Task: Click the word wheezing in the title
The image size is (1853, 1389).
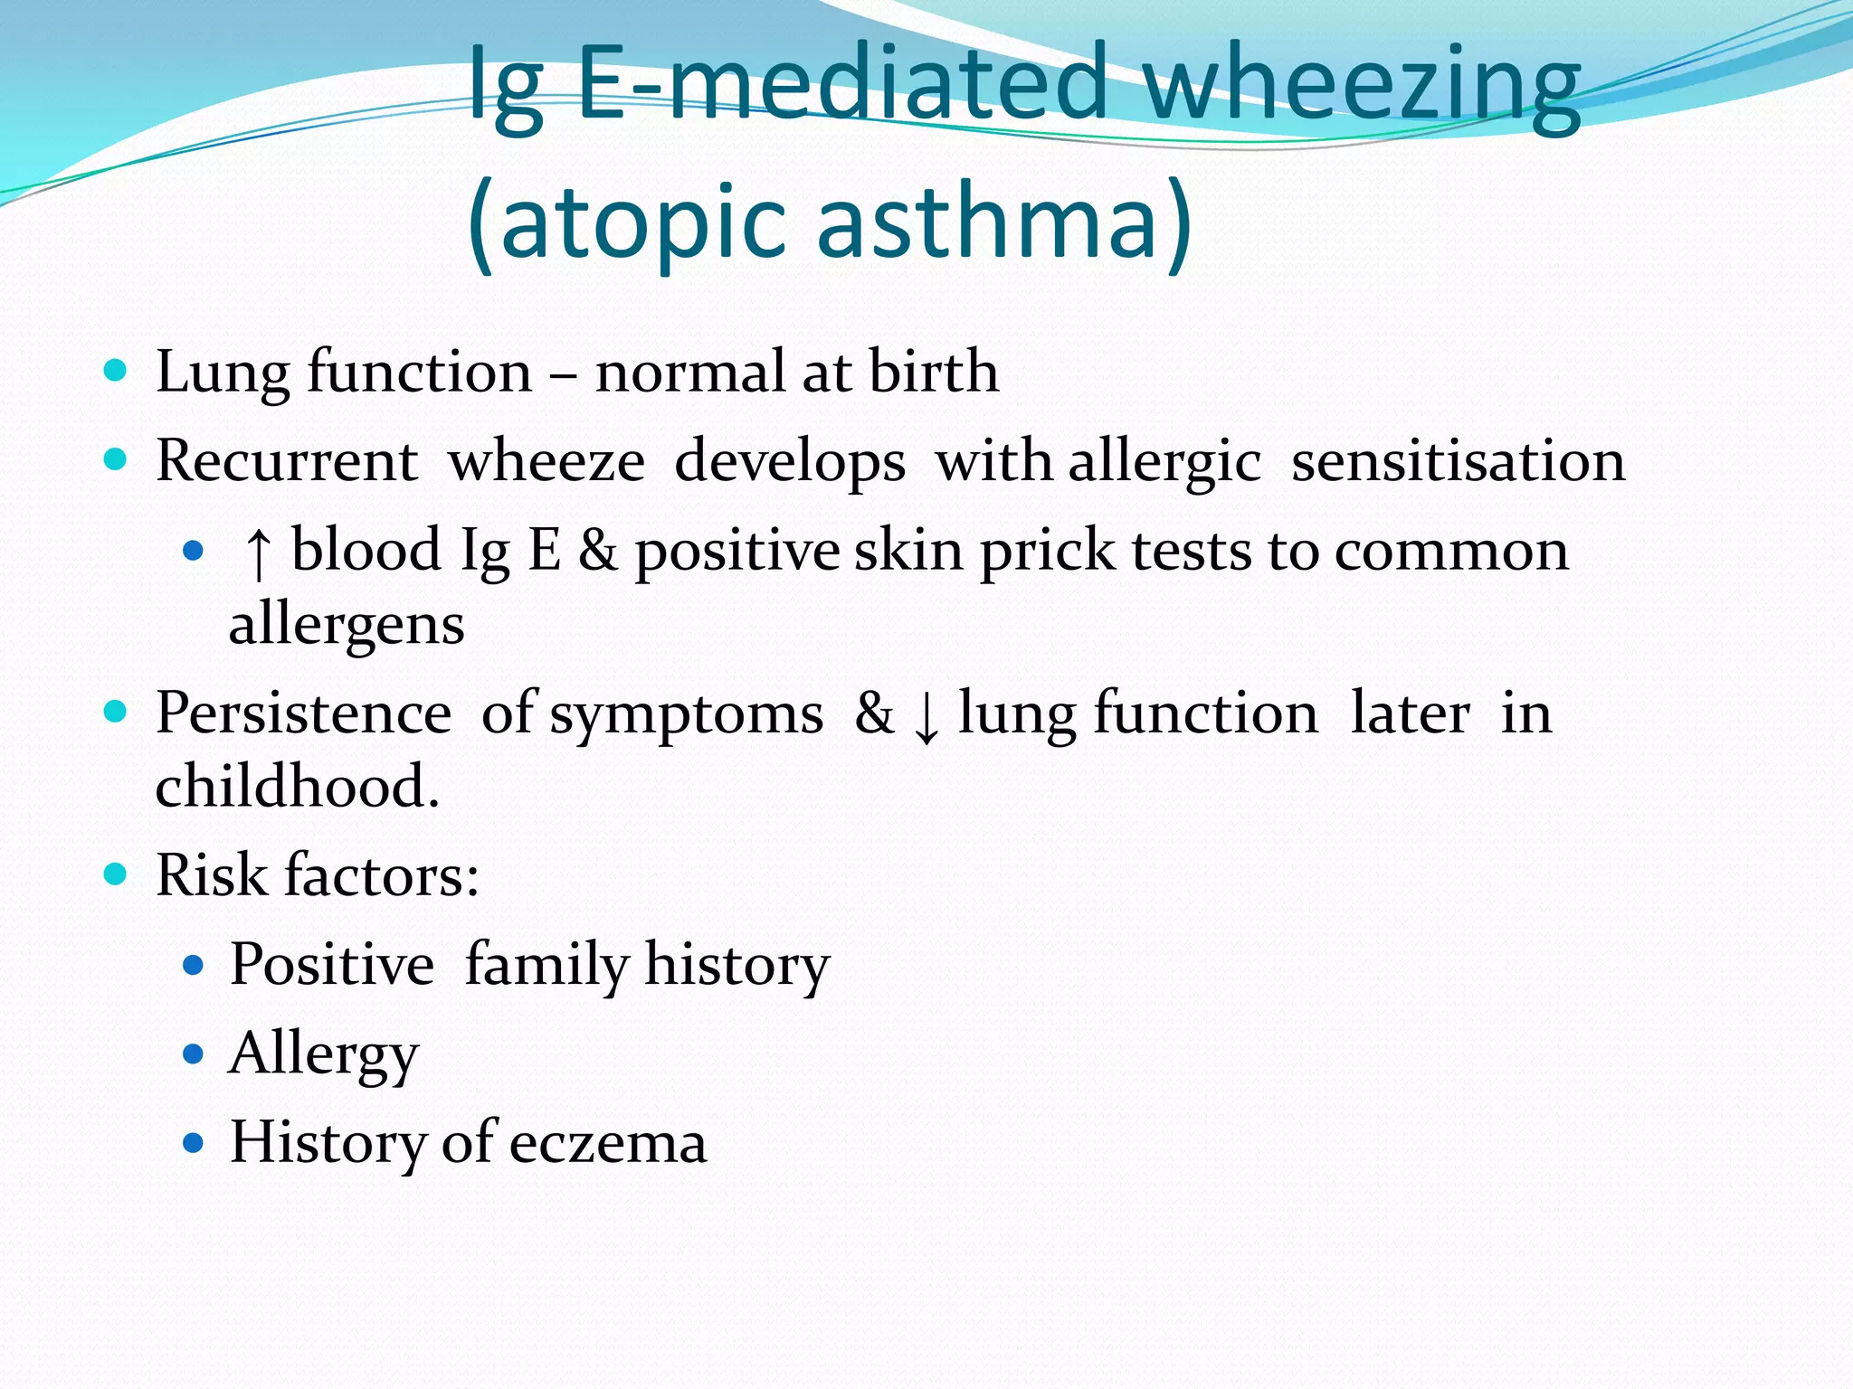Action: click(x=1362, y=86)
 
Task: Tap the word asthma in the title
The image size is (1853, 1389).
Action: click(x=1004, y=222)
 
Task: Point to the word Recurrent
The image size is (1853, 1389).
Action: click(x=286, y=461)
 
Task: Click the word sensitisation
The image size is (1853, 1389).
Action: click(x=1458, y=461)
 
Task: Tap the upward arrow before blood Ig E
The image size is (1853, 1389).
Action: click(x=258, y=553)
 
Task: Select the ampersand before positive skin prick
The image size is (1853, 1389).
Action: click(x=598, y=550)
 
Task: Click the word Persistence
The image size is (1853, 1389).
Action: click(x=303, y=713)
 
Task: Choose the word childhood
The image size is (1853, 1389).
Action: click(x=296, y=786)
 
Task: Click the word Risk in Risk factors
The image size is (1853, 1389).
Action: click(x=212, y=875)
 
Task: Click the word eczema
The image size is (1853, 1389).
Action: click(x=607, y=1143)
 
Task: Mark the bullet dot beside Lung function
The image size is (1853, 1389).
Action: click(x=115, y=370)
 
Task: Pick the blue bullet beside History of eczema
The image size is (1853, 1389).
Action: click(x=193, y=1143)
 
